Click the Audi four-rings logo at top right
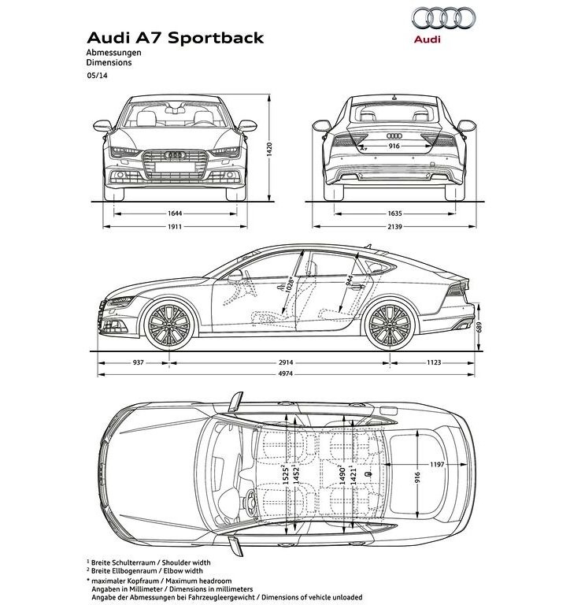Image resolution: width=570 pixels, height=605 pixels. (x=443, y=18)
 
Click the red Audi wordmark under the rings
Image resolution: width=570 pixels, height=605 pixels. (x=427, y=39)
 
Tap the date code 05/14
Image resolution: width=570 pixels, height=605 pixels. (x=97, y=76)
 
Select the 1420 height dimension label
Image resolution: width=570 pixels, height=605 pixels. (x=269, y=150)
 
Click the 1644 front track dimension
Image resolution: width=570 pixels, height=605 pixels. (x=175, y=213)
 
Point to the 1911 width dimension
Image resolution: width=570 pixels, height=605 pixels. (x=175, y=227)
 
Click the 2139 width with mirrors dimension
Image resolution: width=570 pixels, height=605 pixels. (x=394, y=227)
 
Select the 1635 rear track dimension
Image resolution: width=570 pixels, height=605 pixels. (x=394, y=213)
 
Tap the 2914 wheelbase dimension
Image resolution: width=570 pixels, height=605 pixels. (x=286, y=362)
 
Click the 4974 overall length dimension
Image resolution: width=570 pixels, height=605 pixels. (x=286, y=373)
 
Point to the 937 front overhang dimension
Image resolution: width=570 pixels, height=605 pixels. (x=138, y=362)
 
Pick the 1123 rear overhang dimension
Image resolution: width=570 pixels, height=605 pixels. (x=434, y=362)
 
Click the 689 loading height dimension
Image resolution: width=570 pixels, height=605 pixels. (x=479, y=327)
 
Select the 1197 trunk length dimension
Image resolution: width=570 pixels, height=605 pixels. (x=437, y=465)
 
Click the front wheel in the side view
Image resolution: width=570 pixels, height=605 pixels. (x=168, y=325)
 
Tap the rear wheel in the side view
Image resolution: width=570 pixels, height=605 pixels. (x=390, y=325)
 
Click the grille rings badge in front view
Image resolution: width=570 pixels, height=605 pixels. (x=176, y=155)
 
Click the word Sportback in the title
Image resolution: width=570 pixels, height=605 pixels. (x=216, y=38)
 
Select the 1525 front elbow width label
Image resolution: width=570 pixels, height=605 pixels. (x=286, y=474)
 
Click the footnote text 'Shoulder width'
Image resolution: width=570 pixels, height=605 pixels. (x=187, y=562)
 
